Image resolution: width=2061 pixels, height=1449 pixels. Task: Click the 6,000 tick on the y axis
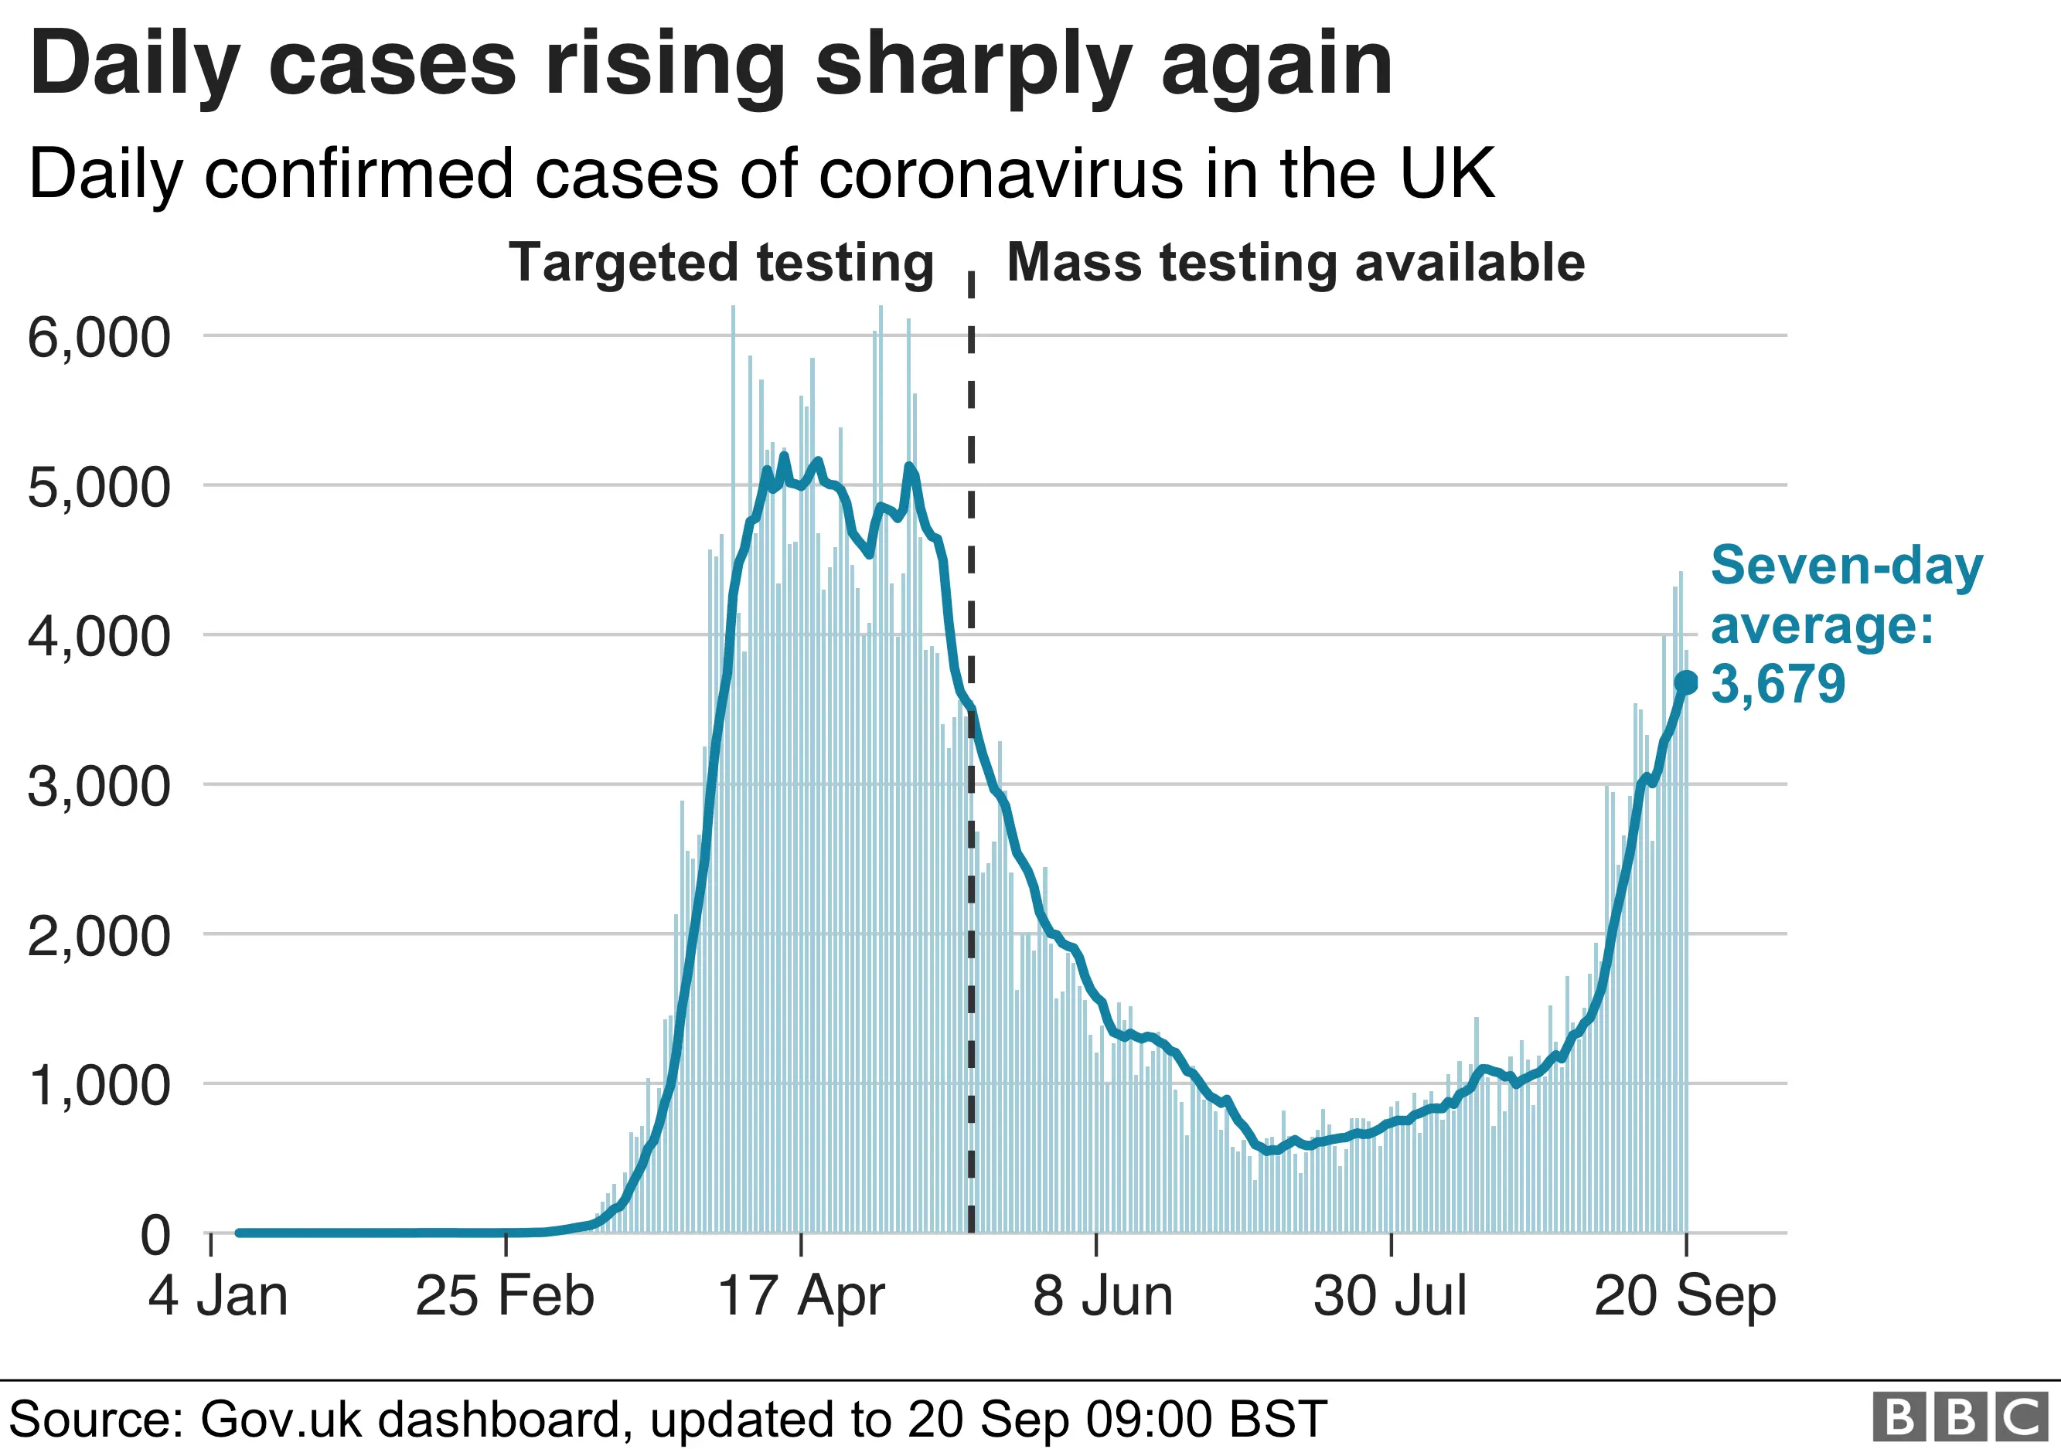(99, 338)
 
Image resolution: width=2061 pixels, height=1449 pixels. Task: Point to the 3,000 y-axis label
(99, 787)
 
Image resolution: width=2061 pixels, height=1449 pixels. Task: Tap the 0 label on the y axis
(155, 1236)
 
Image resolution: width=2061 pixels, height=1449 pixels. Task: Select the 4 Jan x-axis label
(218, 1297)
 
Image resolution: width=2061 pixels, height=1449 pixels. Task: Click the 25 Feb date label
(505, 1297)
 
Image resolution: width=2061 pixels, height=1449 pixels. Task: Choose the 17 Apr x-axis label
(801, 1297)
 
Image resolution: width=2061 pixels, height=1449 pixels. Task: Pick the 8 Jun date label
(1102, 1297)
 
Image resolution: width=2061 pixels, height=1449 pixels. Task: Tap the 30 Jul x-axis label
(1391, 1297)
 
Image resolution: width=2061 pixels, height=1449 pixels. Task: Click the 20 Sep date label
(1685, 1297)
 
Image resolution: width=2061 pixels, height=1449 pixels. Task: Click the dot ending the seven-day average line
(1686, 683)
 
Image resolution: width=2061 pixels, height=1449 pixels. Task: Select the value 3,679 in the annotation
(1777, 685)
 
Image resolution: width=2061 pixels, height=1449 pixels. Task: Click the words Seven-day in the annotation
(1846, 566)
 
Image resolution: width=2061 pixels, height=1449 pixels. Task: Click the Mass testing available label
(1296, 263)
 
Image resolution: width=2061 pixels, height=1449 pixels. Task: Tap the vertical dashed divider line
(971, 808)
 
